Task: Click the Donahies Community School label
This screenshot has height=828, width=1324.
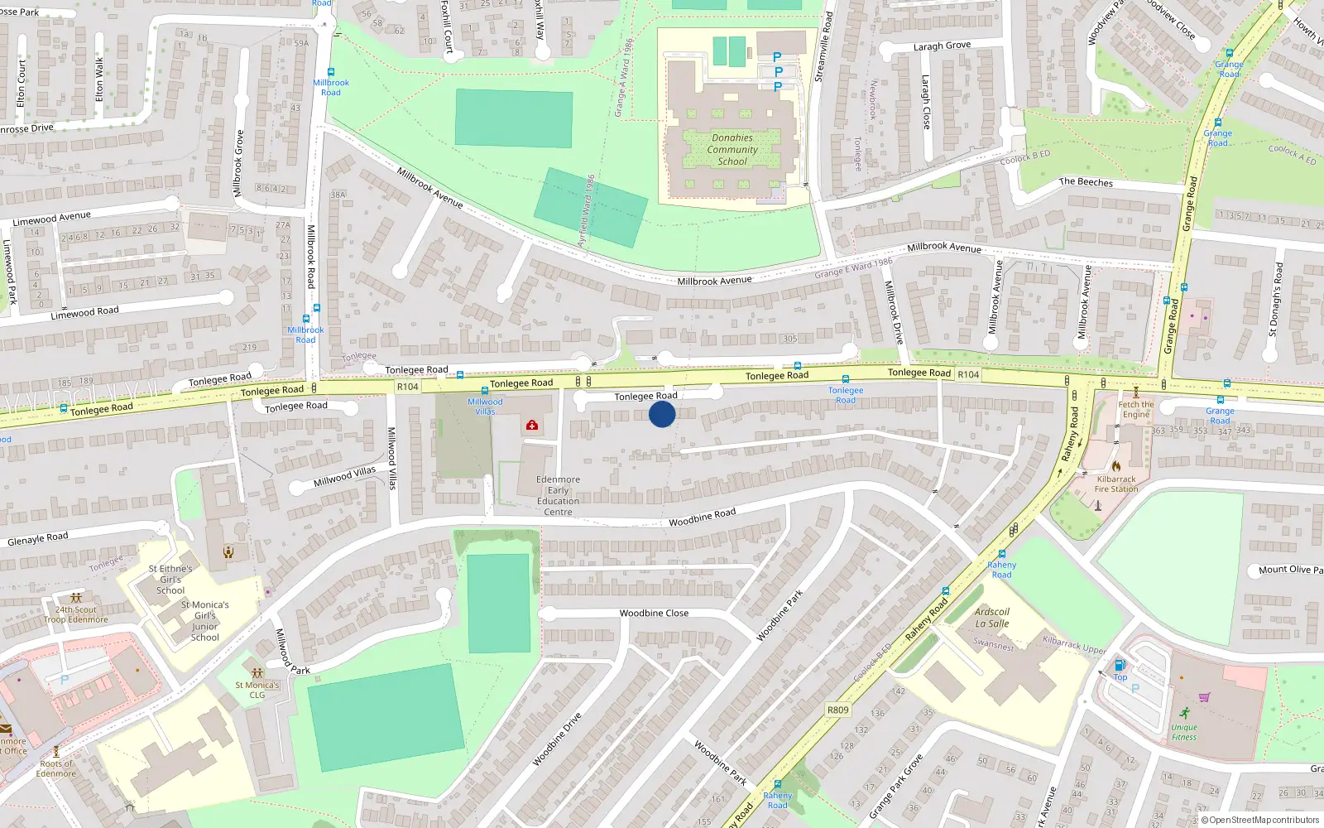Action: click(x=732, y=150)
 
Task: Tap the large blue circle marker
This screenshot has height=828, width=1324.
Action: click(x=662, y=414)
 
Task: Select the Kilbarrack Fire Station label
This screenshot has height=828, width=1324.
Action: click(x=1116, y=484)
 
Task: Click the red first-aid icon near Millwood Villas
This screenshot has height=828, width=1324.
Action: click(x=531, y=425)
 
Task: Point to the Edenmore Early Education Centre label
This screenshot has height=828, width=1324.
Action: click(x=558, y=496)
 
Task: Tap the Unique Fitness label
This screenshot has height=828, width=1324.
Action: click(x=1183, y=733)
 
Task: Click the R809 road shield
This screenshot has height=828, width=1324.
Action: click(x=837, y=710)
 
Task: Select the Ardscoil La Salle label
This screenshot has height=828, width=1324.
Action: click(x=991, y=618)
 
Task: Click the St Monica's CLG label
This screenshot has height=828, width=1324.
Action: click(x=257, y=690)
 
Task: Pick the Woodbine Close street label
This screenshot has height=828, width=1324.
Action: click(x=654, y=614)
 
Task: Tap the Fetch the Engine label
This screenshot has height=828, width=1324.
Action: click(x=1135, y=410)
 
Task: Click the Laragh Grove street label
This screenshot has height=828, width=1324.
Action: click(x=942, y=46)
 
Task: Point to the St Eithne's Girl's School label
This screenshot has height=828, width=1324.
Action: click(x=170, y=580)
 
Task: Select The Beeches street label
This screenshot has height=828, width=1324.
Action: click(x=1086, y=182)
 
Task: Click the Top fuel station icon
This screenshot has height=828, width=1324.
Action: click(x=1120, y=665)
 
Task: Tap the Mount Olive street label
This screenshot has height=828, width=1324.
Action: click(x=1289, y=570)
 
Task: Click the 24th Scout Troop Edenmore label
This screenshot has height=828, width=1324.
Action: click(x=75, y=614)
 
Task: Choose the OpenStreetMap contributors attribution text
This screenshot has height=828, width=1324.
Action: click(x=1259, y=821)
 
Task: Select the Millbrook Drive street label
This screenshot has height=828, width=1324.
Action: click(x=894, y=312)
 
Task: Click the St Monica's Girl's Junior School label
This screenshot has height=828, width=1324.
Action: click(x=205, y=621)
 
